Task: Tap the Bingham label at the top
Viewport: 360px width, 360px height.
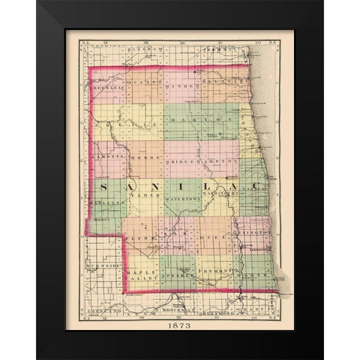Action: [x=147, y=49]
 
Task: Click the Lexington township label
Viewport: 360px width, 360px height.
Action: [x=254, y=232]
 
